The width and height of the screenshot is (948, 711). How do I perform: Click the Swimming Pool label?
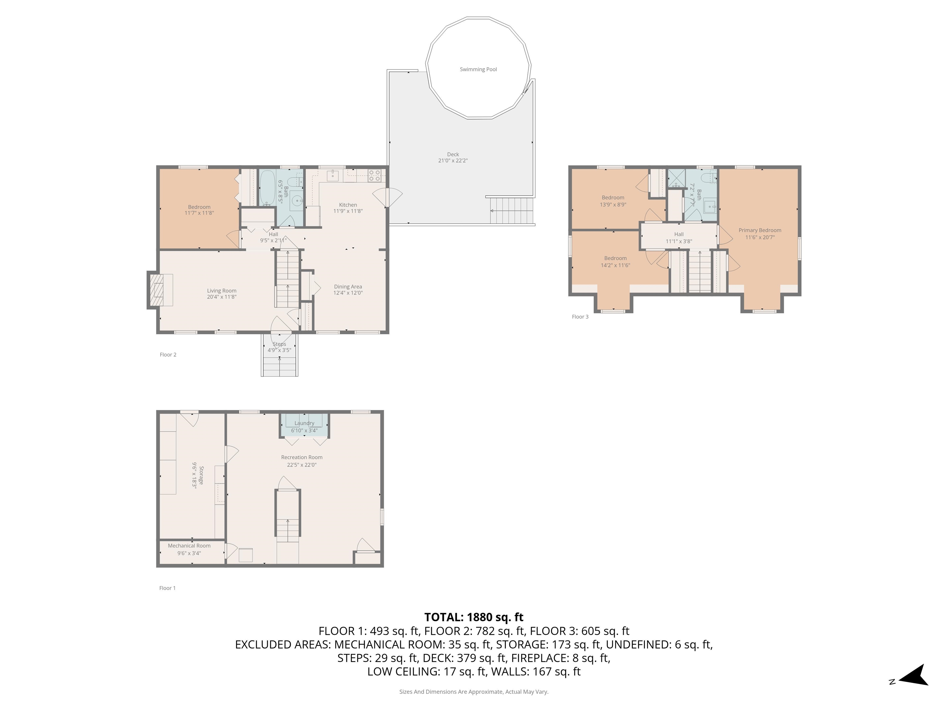[478, 69]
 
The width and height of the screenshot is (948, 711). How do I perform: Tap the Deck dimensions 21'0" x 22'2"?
[453, 161]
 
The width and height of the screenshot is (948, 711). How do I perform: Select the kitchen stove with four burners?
[375, 176]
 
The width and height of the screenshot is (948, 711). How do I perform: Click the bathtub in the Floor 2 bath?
[268, 188]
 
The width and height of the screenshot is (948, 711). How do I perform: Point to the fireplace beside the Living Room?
[160, 290]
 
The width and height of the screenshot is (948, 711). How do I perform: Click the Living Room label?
[222, 291]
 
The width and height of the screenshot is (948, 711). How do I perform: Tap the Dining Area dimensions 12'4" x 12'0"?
[348, 293]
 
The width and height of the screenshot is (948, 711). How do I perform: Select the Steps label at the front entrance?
[279, 344]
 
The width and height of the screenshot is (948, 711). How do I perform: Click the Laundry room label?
[304, 423]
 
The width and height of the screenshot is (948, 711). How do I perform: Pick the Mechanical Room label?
[189, 546]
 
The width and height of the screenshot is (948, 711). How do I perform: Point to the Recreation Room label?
[302, 457]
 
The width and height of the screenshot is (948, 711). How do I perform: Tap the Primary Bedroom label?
[760, 230]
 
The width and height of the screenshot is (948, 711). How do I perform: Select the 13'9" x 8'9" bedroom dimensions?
[613, 205]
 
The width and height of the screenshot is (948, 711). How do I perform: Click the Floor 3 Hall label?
[679, 235]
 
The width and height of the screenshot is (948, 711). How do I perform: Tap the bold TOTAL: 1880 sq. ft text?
[474, 617]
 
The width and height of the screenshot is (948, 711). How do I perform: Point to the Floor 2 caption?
[168, 355]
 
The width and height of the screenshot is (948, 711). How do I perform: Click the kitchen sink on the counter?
[333, 176]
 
